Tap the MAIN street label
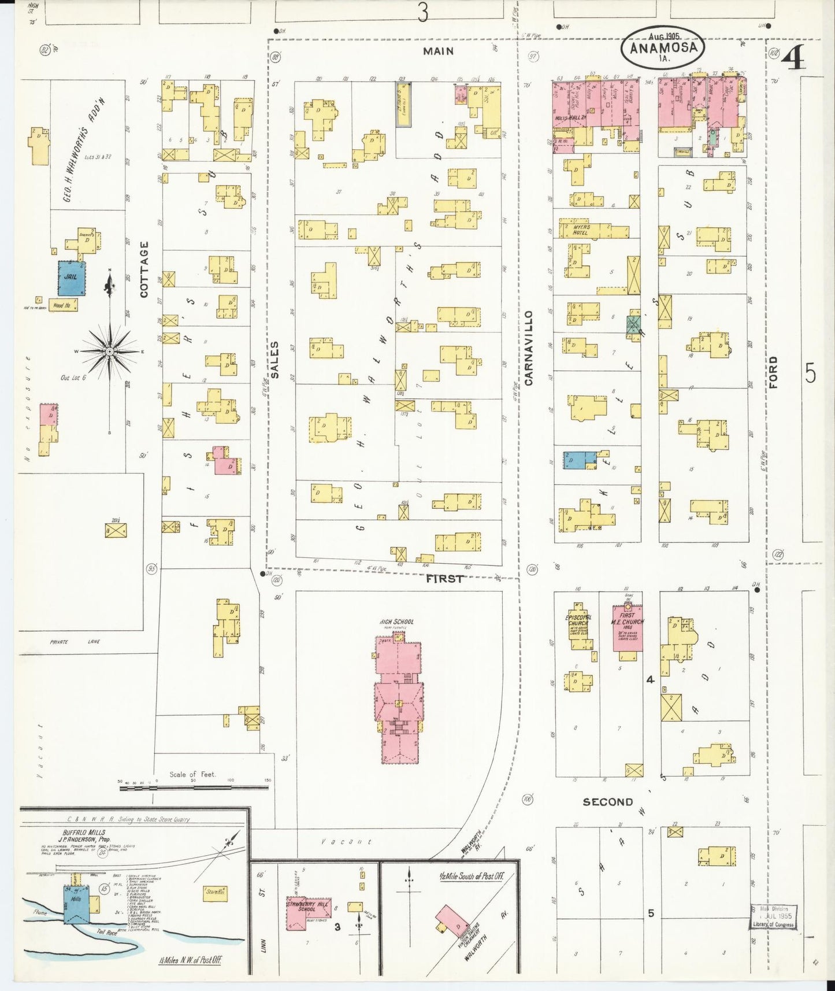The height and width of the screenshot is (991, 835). pyautogui.click(x=438, y=51)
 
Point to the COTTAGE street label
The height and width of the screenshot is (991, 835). pyautogui.click(x=144, y=269)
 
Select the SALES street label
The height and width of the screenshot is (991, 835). pyautogui.click(x=274, y=360)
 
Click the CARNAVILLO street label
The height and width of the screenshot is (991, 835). pyautogui.click(x=528, y=347)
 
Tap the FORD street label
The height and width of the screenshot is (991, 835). pyautogui.click(x=773, y=372)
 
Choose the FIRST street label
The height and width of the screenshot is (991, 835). pyautogui.click(x=444, y=578)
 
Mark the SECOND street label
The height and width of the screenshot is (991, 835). pyautogui.click(x=607, y=802)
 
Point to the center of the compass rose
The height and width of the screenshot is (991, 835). pyautogui.click(x=109, y=351)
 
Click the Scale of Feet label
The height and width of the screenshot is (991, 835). pyautogui.click(x=192, y=774)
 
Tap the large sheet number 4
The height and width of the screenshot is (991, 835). pyautogui.click(x=794, y=58)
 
